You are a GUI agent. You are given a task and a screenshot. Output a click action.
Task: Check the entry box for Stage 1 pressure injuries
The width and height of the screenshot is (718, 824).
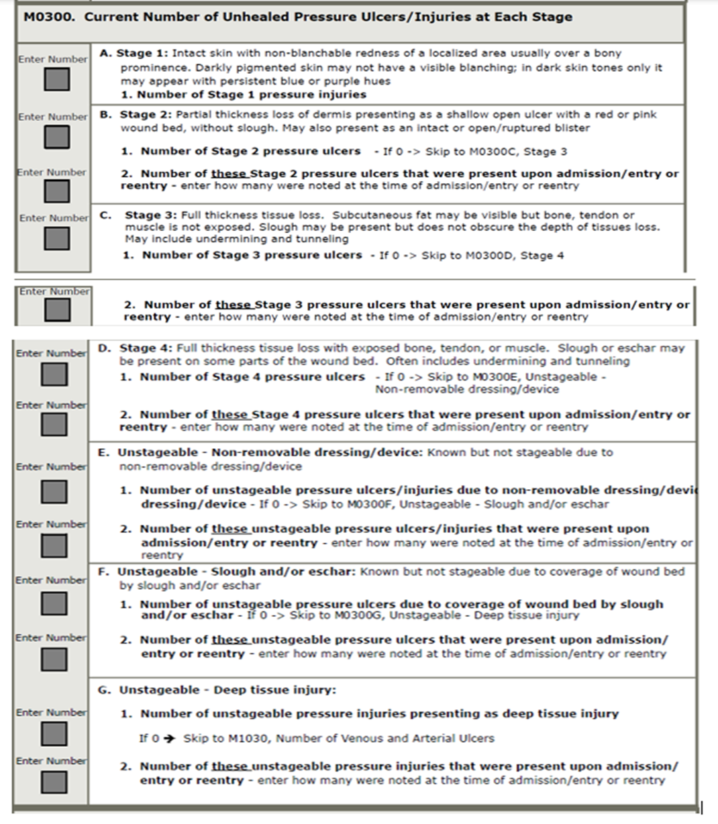(x=57, y=80)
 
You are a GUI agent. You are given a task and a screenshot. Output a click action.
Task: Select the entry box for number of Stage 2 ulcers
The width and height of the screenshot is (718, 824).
(x=57, y=137)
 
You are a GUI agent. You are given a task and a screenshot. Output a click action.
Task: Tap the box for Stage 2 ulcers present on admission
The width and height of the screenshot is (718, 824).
(x=57, y=191)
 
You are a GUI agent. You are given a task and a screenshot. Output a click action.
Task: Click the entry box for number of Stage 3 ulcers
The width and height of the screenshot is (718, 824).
(x=57, y=238)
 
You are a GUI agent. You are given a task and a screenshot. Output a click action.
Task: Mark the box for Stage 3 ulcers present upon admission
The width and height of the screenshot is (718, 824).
(x=57, y=310)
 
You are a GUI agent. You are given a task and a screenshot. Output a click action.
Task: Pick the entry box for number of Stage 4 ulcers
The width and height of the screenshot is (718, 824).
(x=54, y=374)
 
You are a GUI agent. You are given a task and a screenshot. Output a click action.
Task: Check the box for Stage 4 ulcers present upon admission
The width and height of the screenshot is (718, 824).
(x=54, y=425)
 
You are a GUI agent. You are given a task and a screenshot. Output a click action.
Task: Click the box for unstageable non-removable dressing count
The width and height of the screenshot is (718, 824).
(x=54, y=492)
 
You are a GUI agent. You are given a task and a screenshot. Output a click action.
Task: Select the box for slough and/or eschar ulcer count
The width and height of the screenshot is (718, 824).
(x=54, y=604)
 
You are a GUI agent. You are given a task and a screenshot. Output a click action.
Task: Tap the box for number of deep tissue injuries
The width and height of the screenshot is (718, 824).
(x=54, y=734)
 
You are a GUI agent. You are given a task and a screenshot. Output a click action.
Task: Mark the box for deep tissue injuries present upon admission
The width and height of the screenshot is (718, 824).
(x=54, y=782)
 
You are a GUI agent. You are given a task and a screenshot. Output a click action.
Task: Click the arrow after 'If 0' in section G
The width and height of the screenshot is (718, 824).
(x=170, y=738)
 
